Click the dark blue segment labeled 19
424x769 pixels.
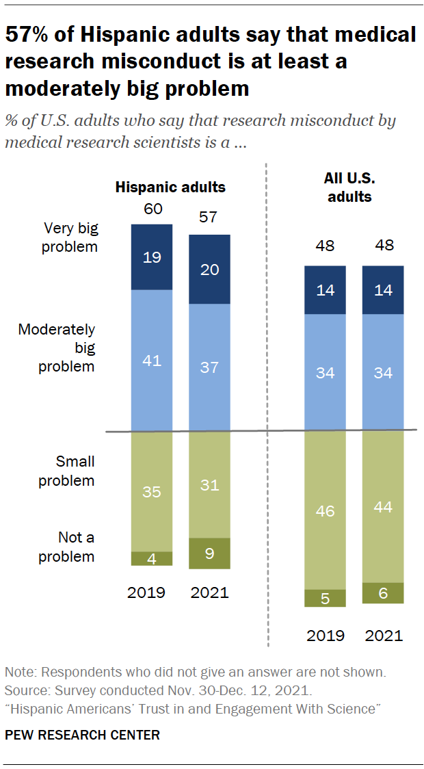click(x=152, y=257)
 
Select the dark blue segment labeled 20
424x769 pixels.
click(x=209, y=270)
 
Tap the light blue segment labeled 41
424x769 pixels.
click(x=152, y=361)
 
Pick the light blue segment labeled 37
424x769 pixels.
click(x=209, y=367)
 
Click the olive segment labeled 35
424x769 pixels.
click(x=152, y=491)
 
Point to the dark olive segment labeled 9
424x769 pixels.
click(x=209, y=553)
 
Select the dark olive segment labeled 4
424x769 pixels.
click(x=152, y=558)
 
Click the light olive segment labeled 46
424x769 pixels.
click(x=325, y=510)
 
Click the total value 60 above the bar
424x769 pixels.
click(x=152, y=209)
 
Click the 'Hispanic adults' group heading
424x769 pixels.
click(x=170, y=187)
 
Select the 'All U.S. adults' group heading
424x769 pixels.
click(x=347, y=187)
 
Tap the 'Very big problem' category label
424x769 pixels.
click(x=68, y=237)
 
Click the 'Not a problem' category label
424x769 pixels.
click(x=66, y=547)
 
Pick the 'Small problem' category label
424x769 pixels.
click(x=66, y=471)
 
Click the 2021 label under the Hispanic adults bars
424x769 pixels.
click(x=209, y=592)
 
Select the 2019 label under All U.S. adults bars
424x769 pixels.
click(x=325, y=636)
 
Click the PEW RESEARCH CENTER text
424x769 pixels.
click(x=83, y=735)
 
